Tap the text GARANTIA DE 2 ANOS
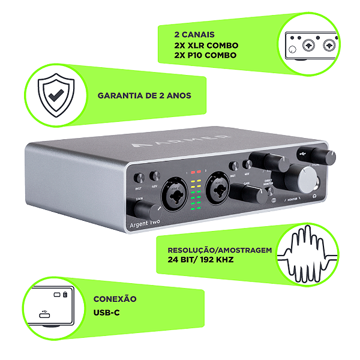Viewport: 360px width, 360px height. click(144, 95)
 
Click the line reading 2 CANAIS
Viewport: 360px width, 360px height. click(194, 35)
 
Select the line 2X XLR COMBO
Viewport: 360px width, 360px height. click(206, 45)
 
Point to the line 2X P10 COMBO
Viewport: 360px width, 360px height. click(205, 55)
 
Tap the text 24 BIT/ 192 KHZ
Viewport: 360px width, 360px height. click(200, 261)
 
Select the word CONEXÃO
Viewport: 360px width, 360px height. click(115, 299)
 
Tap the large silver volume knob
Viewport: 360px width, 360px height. click(307, 178)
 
